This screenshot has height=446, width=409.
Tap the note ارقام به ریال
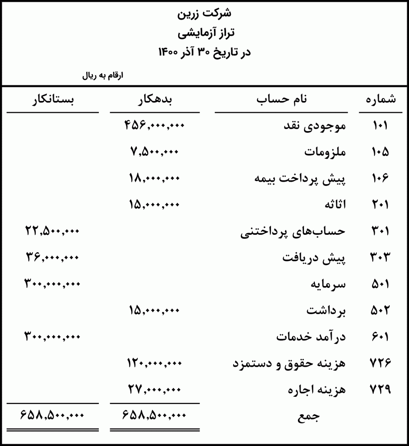pos(103,75)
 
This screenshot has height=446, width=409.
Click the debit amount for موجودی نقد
pos(155,126)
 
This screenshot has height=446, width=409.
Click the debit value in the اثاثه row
pos(154,205)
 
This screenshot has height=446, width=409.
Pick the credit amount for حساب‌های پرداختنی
pos(53,231)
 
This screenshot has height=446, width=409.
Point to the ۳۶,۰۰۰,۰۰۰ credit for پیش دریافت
pos(53,257)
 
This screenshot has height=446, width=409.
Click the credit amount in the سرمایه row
pos(53,284)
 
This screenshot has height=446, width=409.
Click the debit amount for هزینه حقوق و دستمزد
pos(154,363)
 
